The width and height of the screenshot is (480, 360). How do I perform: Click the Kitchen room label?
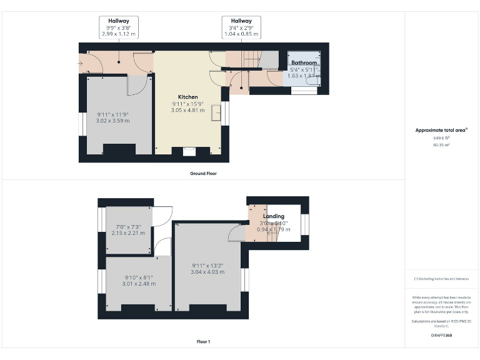187,97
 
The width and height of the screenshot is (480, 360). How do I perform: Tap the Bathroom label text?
304,63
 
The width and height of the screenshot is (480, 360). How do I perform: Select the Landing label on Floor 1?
274,216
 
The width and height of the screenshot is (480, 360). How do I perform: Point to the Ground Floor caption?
203,173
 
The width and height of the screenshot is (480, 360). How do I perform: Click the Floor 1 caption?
203,342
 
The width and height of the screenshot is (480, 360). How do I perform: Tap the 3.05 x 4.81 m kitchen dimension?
187,110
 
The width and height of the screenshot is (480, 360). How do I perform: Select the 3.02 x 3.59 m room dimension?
113,121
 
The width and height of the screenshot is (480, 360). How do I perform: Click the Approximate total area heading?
441,130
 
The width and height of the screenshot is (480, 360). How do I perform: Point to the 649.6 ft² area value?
441,138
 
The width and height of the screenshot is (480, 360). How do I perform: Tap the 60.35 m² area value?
441,144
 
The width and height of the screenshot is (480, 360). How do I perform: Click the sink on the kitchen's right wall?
216,112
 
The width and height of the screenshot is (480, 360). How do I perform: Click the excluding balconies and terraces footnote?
441,278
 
